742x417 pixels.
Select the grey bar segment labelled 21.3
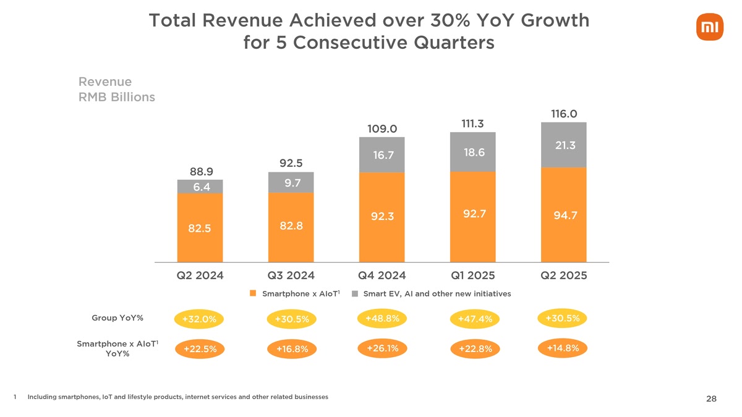[x=563, y=145]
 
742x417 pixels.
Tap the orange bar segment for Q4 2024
[x=382, y=217]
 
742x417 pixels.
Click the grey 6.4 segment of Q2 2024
[x=200, y=187]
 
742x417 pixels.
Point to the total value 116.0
[x=563, y=114]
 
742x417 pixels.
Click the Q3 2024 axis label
[x=291, y=276]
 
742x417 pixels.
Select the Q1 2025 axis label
[x=472, y=276]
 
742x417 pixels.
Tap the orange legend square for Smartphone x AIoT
[x=253, y=293]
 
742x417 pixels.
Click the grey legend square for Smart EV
[x=355, y=293]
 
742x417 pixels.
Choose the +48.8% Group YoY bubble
[x=382, y=319]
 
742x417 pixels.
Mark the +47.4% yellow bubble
[x=475, y=319]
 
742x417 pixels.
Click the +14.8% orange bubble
[x=563, y=348]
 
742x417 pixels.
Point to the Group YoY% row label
[x=117, y=318]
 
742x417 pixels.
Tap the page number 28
[x=710, y=399]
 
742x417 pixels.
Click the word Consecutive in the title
[x=370, y=43]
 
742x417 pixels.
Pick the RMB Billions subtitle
[x=117, y=98]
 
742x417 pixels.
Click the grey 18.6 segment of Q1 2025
[x=472, y=152]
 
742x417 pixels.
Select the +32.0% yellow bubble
[x=199, y=319]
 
